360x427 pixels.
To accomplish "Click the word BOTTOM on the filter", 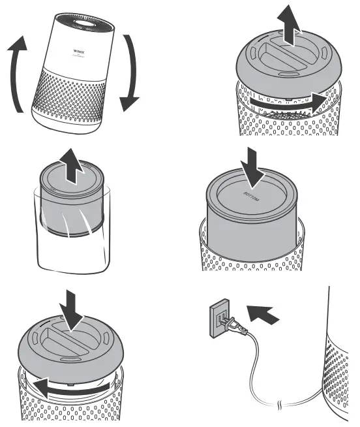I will [251, 197].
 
